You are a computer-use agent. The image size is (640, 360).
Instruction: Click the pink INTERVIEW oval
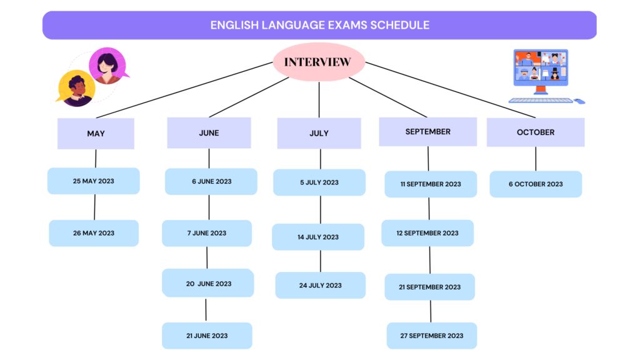[x=319, y=62]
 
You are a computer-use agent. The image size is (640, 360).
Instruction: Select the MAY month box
[x=96, y=134]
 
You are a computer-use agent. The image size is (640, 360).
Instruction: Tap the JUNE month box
[x=209, y=132]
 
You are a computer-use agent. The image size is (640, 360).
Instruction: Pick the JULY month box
[x=319, y=133]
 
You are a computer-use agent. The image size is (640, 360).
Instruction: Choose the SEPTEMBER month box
[x=427, y=131]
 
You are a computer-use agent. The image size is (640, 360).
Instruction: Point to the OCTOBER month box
[x=536, y=132]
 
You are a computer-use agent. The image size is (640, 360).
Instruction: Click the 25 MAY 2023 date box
[x=94, y=181]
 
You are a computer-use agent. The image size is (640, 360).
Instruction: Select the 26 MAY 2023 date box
[x=94, y=233]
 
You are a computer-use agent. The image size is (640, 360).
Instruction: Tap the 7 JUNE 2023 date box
[x=207, y=233]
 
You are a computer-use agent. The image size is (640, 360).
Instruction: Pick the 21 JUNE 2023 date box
[x=207, y=336]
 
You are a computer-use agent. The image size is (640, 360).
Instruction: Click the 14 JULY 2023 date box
[x=318, y=237]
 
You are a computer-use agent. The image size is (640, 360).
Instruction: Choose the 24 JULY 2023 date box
[x=321, y=285]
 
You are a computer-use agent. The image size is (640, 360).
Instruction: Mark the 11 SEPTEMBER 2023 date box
[x=431, y=184]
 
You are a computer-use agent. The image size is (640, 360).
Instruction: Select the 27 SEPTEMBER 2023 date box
[x=432, y=336]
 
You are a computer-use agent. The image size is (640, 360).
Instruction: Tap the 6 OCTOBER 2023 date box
[x=536, y=184]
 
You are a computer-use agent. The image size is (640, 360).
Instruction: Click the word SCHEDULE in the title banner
[x=400, y=25]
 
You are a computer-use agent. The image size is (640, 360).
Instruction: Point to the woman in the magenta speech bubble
[x=108, y=66]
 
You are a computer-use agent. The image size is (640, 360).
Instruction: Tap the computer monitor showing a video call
[x=541, y=70]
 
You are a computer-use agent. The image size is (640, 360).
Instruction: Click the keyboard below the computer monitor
[x=541, y=101]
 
